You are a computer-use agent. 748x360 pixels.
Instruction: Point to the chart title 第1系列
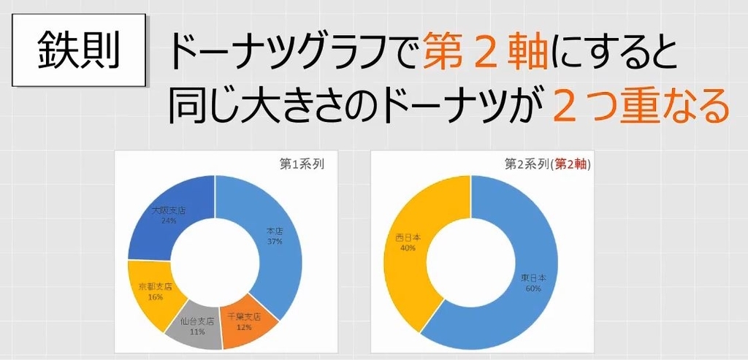click(x=302, y=164)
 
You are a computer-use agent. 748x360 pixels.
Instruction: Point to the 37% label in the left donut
click(x=273, y=242)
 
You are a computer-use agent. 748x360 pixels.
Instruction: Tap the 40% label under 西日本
click(x=408, y=248)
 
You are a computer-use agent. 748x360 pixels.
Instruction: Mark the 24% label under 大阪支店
click(x=169, y=221)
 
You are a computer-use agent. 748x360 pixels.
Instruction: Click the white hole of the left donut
click(x=215, y=263)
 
